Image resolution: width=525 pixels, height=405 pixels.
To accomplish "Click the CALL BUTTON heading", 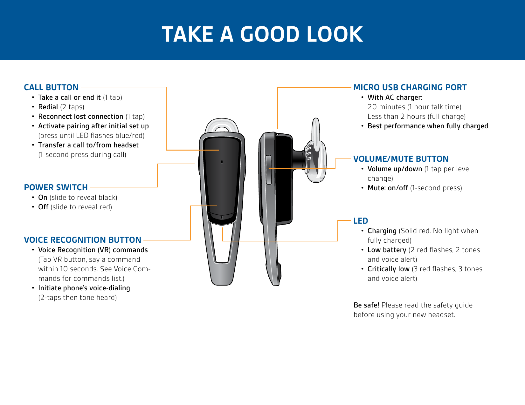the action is click(x=51, y=87).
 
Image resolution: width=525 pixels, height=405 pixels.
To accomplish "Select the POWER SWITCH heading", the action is click(x=56, y=187).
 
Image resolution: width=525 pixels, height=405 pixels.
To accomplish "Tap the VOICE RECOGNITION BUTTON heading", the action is click(x=83, y=240).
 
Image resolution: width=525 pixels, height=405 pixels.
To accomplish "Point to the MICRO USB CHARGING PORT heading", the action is click(x=410, y=87).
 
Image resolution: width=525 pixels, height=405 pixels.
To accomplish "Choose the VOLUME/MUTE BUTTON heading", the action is click(x=401, y=159).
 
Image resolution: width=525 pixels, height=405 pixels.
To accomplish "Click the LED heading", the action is click(x=361, y=221).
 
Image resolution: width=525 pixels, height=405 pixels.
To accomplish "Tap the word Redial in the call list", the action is click(x=48, y=107).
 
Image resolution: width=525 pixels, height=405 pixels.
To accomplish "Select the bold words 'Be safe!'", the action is click(x=366, y=305).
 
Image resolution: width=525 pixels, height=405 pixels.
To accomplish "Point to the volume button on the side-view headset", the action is click(x=269, y=170).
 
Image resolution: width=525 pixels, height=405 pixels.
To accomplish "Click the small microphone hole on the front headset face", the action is click(x=222, y=162).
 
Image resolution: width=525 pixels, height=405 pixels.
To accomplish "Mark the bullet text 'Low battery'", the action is click(x=387, y=250).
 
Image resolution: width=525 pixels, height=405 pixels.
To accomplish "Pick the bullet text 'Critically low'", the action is click(x=388, y=269).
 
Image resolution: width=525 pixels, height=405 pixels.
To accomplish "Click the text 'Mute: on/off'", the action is click(x=388, y=188).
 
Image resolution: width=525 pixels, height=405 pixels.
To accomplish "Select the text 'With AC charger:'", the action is click(x=395, y=98).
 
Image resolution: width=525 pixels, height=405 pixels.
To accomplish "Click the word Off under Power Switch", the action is click(x=43, y=207).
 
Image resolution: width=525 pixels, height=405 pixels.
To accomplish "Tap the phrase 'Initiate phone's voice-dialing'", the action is click(x=84, y=288).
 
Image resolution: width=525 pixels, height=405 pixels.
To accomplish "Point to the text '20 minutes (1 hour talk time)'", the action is click(x=414, y=107).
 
